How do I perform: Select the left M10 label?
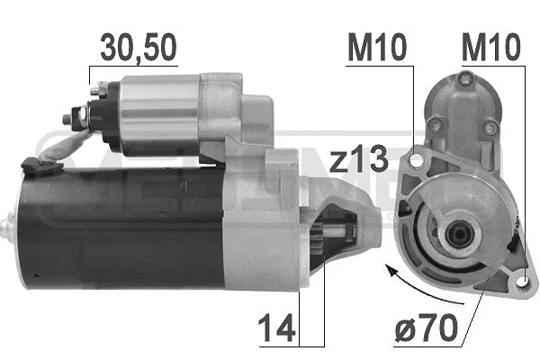click(371, 48)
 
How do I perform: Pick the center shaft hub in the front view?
click(456, 237)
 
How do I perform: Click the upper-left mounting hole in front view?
click(417, 160)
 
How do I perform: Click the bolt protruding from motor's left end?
click(10, 225)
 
